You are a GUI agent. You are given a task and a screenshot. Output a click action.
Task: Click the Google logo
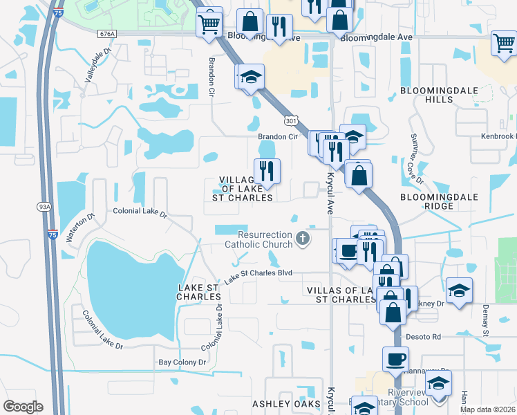23,407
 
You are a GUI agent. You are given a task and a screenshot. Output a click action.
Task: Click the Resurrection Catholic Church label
258,239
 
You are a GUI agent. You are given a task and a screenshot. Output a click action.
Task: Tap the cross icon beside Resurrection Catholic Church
302,239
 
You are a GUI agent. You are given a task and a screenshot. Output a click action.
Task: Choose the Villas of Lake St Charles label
341,295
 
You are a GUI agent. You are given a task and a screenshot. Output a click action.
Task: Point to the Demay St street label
485,320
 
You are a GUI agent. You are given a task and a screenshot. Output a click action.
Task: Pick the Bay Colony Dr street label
182,362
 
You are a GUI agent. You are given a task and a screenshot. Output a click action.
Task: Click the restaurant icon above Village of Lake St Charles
266,170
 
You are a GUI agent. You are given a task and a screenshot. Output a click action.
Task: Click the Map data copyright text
491,407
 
